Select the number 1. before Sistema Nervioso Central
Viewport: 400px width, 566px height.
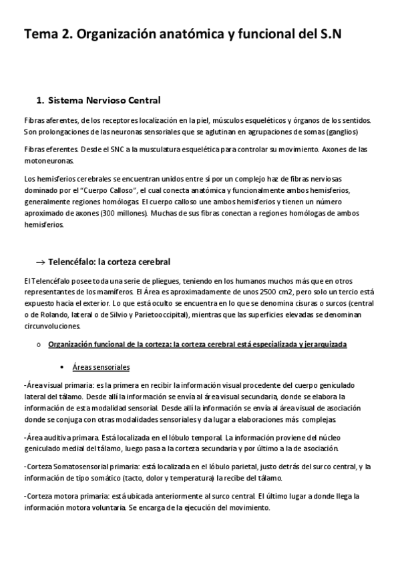pos(39,100)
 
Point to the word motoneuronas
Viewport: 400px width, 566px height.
pos(49,161)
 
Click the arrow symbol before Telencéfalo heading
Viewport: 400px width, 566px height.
pos(39,261)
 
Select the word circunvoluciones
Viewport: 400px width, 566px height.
pos(51,326)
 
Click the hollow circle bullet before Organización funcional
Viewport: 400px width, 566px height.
pos(39,345)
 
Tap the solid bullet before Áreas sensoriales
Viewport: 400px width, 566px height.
pos(62,368)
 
